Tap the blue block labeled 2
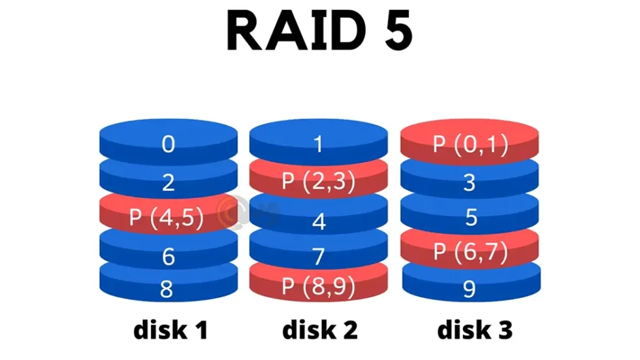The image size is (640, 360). coord(168,181)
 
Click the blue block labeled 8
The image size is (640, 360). coord(168,287)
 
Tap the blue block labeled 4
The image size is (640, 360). coord(319,220)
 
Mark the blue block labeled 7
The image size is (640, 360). coord(319,255)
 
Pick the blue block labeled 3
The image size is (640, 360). coord(469,182)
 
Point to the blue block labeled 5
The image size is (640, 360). coord(470,217)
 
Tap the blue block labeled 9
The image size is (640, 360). coord(469,289)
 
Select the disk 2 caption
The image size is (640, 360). coord(320,330)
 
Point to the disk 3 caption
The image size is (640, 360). coord(474,330)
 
